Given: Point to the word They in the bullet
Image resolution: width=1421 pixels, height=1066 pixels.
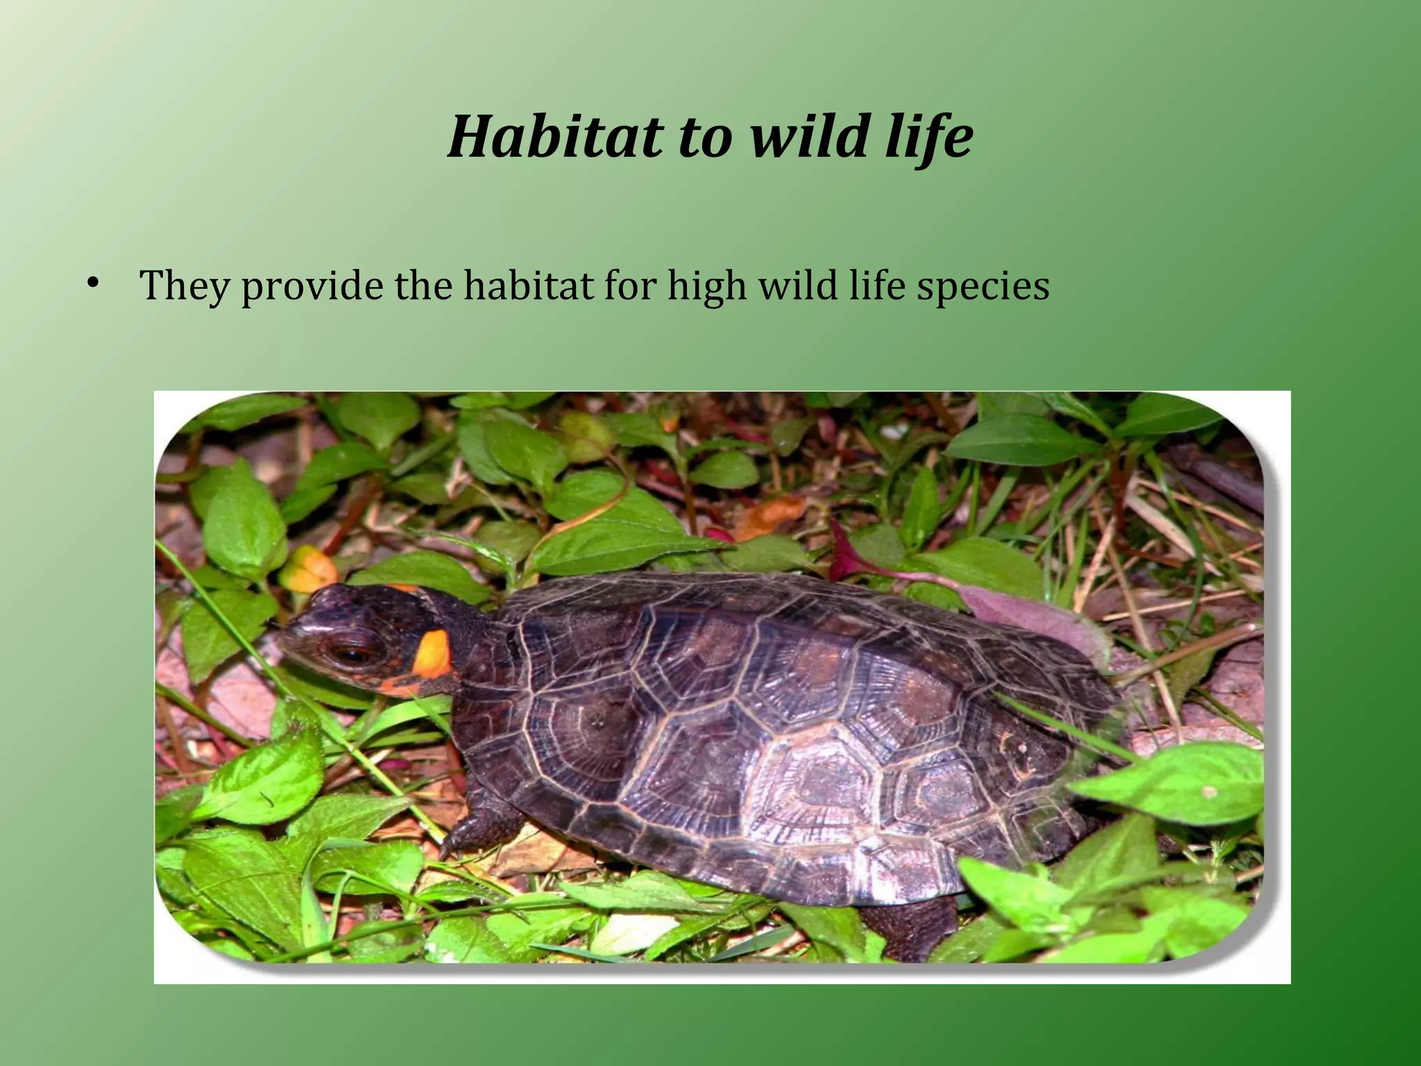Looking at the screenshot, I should click(x=183, y=285).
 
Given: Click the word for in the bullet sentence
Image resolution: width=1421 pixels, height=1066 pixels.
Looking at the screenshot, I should click(x=629, y=285).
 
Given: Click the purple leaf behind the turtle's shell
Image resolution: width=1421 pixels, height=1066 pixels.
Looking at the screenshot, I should click(x=1027, y=611).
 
